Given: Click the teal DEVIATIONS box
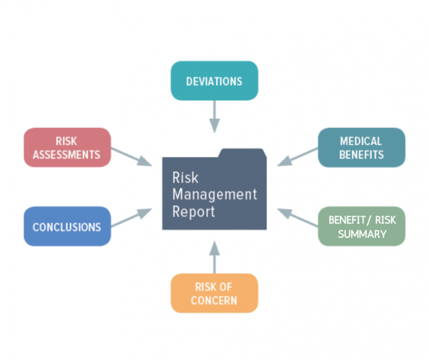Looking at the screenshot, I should tap(214, 81).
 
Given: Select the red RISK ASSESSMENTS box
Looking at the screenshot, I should tap(67, 148).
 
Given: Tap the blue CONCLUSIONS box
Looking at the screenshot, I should tap(67, 227).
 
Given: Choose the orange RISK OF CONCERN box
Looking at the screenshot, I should tap(214, 293).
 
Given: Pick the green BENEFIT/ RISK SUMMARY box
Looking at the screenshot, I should tap(361, 226).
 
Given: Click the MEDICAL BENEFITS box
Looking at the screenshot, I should tap(361, 148).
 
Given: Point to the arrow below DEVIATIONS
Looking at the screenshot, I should tap(214, 117).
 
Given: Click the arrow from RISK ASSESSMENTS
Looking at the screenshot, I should tap(131, 157).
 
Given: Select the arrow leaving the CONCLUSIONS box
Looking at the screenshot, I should tap(131, 218).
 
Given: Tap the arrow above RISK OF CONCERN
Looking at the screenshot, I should tap(214, 257).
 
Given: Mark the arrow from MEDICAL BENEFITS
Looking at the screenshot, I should tap(298, 157).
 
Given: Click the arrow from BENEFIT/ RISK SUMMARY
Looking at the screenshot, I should tap(298, 218).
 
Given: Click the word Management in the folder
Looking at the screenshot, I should tap(214, 195).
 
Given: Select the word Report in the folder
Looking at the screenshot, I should tap(193, 212).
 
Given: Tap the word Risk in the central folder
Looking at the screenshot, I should tap(185, 178).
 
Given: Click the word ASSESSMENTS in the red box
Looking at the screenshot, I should tap(66, 154).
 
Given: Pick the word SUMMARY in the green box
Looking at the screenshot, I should tap(361, 234).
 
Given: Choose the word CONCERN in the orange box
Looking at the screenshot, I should tap(214, 301).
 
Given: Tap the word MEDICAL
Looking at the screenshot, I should tap(361, 141).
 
